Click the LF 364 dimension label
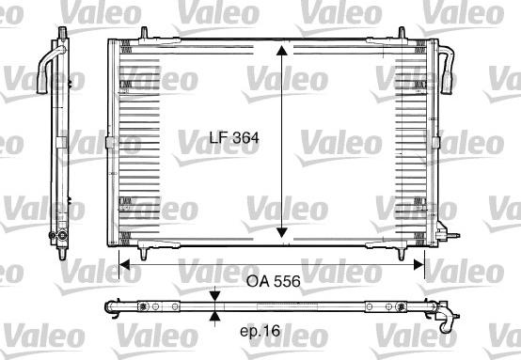pyautogui.click(x=233, y=136)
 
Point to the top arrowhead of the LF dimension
pyautogui.click(x=280, y=49)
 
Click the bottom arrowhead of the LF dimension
pyautogui.click(x=280, y=235)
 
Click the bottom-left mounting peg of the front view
pyautogui.click(x=143, y=252)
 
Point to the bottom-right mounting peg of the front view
pyautogui.click(x=403, y=252)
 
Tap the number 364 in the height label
pyautogui.click(x=245, y=136)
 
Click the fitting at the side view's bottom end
pyautogui.click(x=62, y=232)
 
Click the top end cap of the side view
pyautogui.click(x=61, y=34)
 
